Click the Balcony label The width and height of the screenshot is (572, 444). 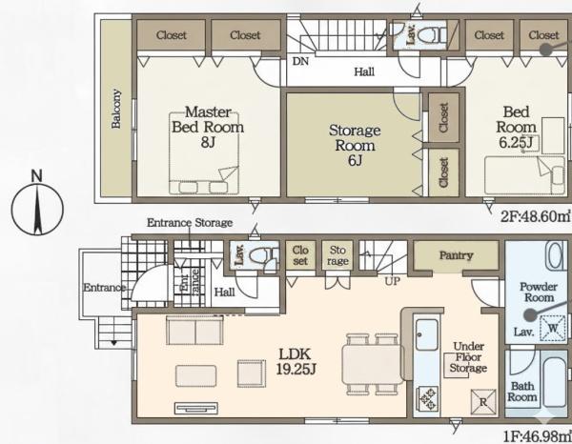tap(116, 109)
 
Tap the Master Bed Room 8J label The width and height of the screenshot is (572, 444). tap(208, 127)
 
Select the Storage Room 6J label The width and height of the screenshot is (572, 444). tap(355, 145)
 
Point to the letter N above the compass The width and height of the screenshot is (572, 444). tap(37, 176)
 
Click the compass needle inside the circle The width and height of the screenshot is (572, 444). tap(37, 209)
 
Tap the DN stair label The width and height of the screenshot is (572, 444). tap(300, 61)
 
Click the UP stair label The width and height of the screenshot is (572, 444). tap(393, 281)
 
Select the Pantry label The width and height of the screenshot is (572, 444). tap(456, 255)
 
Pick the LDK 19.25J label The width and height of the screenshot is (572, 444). tap(296, 361)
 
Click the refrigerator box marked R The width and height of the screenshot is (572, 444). tap(483, 402)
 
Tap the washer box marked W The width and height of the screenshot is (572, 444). tap(553, 328)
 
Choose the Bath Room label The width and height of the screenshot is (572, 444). tap(522, 392)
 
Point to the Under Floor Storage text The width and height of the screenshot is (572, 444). tap(468, 357)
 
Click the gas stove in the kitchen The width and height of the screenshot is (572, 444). tap(427, 399)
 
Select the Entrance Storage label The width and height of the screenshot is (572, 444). tap(190, 222)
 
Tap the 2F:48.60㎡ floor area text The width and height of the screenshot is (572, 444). tap(536, 217)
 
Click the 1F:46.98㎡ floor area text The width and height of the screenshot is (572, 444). tap(538, 436)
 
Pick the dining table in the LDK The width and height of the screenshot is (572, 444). tap(373, 364)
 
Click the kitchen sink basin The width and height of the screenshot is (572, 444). tap(427, 334)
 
